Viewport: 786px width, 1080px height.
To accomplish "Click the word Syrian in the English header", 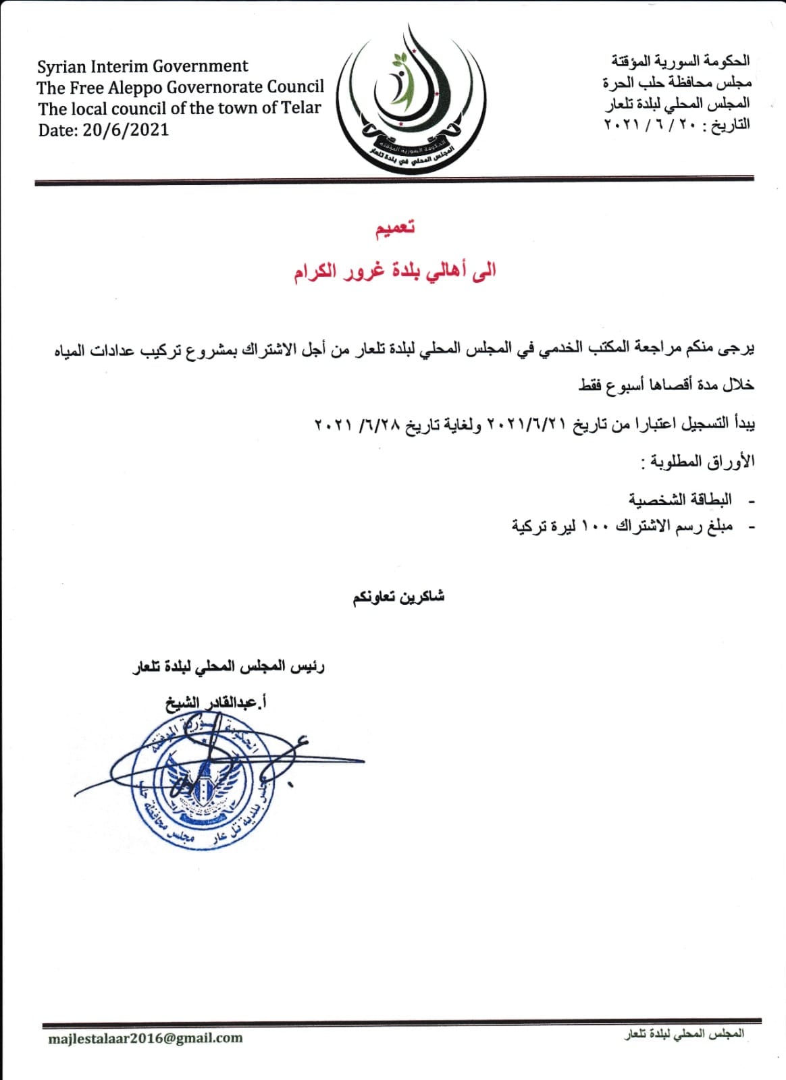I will (x=61, y=67).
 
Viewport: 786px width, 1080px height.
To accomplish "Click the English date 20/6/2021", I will (x=126, y=130).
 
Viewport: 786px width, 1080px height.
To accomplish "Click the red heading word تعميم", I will (x=395, y=227).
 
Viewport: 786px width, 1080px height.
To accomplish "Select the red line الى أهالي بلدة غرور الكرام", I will (x=394, y=271).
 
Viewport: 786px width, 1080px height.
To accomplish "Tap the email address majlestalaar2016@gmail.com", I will (x=145, y=1038).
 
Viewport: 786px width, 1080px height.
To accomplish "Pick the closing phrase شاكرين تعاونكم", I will (x=398, y=597).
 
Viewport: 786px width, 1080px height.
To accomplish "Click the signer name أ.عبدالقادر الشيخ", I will (x=216, y=703).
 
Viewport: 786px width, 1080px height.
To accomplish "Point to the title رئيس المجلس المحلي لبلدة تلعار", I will (x=228, y=667).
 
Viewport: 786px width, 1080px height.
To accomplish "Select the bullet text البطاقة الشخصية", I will (x=680, y=500).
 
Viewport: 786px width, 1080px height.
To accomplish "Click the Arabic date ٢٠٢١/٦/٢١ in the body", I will (x=526, y=425).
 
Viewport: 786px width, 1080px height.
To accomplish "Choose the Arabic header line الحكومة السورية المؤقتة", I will (x=680, y=61).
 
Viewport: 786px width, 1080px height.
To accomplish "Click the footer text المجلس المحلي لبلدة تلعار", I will (x=683, y=1034).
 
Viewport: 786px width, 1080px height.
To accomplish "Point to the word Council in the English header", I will (x=296, y=87).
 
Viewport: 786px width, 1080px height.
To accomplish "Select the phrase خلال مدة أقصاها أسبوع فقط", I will (x=666, y=385).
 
